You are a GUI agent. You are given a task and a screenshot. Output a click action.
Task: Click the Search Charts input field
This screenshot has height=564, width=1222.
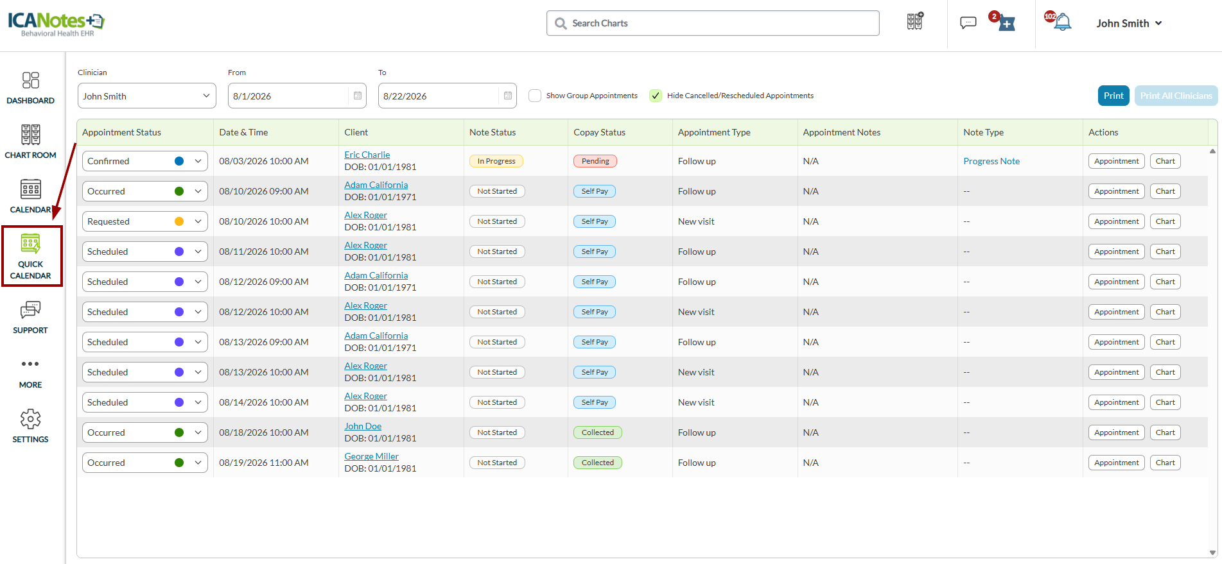(713, 23)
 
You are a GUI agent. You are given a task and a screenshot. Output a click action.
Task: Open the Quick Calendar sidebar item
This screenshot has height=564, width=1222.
(31, 256)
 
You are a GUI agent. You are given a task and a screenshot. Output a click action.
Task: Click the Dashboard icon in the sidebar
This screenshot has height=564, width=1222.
(31, 80)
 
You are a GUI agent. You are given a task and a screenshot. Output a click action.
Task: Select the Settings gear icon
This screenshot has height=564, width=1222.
(31, 419)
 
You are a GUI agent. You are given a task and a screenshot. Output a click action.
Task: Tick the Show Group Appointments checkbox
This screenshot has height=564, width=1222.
(535, 96)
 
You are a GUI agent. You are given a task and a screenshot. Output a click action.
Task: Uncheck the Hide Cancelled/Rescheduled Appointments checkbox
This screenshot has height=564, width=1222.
(656, 96)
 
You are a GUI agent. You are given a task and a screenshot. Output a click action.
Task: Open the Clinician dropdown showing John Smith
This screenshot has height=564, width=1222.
(146, 96)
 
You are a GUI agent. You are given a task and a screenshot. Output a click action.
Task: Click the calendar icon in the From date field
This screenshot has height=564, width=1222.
(358, 96)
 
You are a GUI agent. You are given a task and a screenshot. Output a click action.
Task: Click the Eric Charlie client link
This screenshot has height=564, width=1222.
(367, 155)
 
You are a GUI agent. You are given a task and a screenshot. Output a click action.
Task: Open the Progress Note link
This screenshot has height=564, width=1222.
(991, 161)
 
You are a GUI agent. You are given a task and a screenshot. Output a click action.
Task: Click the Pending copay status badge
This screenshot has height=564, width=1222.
(595, 161)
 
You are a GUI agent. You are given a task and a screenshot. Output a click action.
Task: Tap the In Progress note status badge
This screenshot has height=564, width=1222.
(496, 161)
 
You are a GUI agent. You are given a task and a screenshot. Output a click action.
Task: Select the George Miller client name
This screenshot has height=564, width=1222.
(372, 456)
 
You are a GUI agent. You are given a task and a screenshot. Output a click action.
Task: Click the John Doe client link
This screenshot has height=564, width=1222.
(363, 426)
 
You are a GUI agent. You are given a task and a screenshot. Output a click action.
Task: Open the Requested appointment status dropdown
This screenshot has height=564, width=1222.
(145, 221)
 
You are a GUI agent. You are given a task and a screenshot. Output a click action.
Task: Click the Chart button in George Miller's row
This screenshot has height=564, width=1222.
(1165, 463)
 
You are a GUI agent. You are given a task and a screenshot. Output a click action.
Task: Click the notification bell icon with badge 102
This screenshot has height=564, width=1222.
(1062, 22)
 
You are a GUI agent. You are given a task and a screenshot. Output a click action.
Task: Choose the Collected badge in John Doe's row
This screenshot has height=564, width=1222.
(598, 432)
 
